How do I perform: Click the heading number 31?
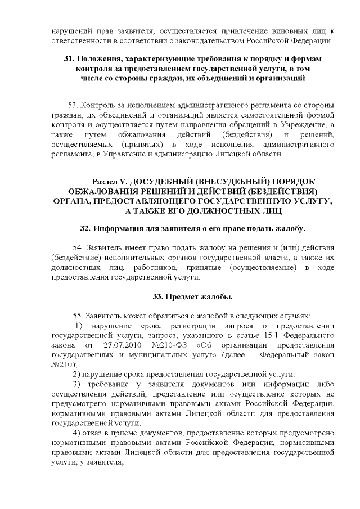[x=69, y=59]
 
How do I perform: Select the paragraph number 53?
[x=73, y=105]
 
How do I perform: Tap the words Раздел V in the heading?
[x=110, y=181]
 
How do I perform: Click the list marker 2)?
[x=78, y=375]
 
